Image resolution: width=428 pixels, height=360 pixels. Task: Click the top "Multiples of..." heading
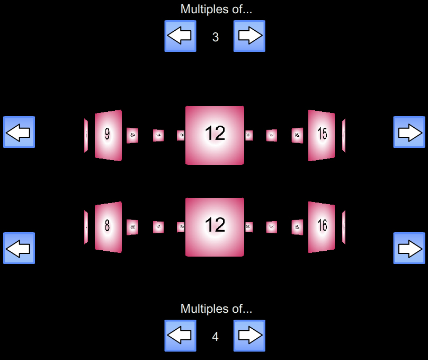click(x=216, y=9)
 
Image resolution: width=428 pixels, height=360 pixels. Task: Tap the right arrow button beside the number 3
click(x=249, y=36)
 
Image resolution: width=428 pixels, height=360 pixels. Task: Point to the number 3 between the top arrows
click(x=215, y=37)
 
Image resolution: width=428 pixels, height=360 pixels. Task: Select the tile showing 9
click(x=108, y=135)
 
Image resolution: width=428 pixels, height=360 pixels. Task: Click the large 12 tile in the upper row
click(x=215, y=135)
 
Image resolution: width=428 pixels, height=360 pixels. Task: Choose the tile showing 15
click(x=322, y=135)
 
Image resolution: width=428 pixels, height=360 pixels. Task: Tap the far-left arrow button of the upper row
click(x=19, y=132)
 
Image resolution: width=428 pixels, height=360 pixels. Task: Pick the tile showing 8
click(x=108, y=227)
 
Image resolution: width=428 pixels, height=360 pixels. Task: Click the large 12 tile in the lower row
click(x=215, y=227)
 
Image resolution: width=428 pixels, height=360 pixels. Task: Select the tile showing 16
click(x=322, y=227)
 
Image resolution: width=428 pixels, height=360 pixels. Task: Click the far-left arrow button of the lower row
click(x=19, y=248)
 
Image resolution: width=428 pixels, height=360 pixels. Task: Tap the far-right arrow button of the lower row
click(x=409, y=248)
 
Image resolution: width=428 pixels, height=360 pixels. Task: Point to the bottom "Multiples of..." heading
click(x=216, y=309)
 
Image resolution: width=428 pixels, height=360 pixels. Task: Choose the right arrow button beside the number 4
click(x=249, y=336)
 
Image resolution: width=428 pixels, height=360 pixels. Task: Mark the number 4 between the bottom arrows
click(x=215, y=337)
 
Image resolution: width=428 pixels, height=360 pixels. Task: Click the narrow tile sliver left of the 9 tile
click(x=86, y=135)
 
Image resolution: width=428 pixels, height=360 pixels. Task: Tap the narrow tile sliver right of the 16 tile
click(x=344, y=227)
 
